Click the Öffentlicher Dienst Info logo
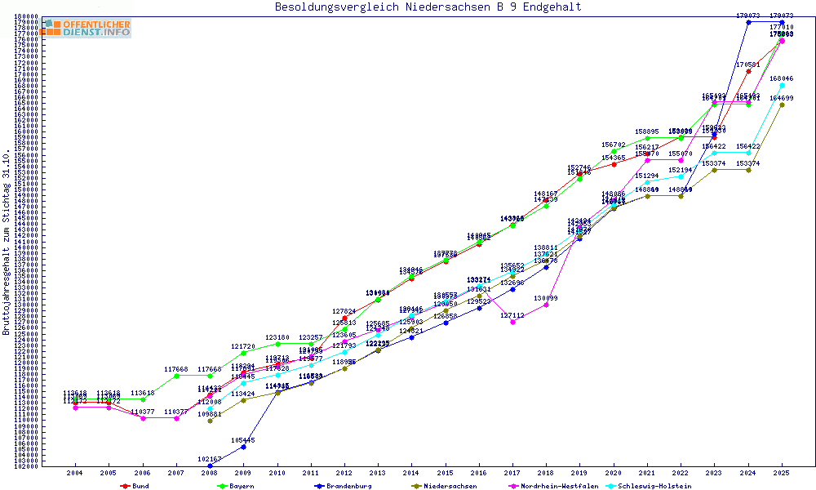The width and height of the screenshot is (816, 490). (x=86, y=28)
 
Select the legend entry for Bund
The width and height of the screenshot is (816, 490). (x=140, y=486)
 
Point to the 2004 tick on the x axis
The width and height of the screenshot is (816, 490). (x=75, y=474)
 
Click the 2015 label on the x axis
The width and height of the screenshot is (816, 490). (x=446, y=474)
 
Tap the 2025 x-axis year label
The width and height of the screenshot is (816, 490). (x=782, y=474)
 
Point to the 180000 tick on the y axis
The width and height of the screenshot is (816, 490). (x=27, y=16)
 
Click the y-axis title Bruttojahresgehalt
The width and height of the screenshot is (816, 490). (x=7, y=242)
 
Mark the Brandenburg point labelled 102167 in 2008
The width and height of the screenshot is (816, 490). (x=210, y=465)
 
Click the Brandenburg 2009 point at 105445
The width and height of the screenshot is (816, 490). (x=243, y=447)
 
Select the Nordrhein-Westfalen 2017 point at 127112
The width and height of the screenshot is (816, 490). (x=512, y=322)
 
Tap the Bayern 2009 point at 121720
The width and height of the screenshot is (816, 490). (x=243, y=353)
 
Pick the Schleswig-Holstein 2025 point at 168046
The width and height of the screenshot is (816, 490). (x=782, y=85)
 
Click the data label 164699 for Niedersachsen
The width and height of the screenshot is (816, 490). (x=782, y=98)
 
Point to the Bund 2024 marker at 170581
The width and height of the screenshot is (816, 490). (x=748, y=70)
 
